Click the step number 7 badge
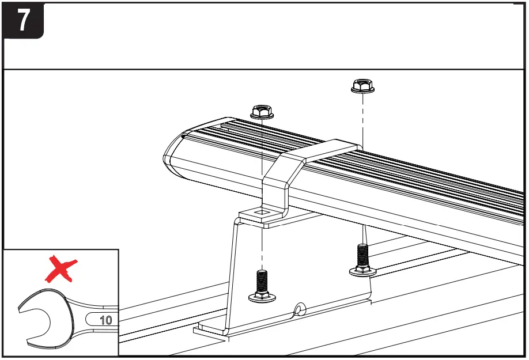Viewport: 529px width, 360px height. click(x=23, y=21)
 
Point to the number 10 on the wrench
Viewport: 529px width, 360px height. click(x=105, y=320)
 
